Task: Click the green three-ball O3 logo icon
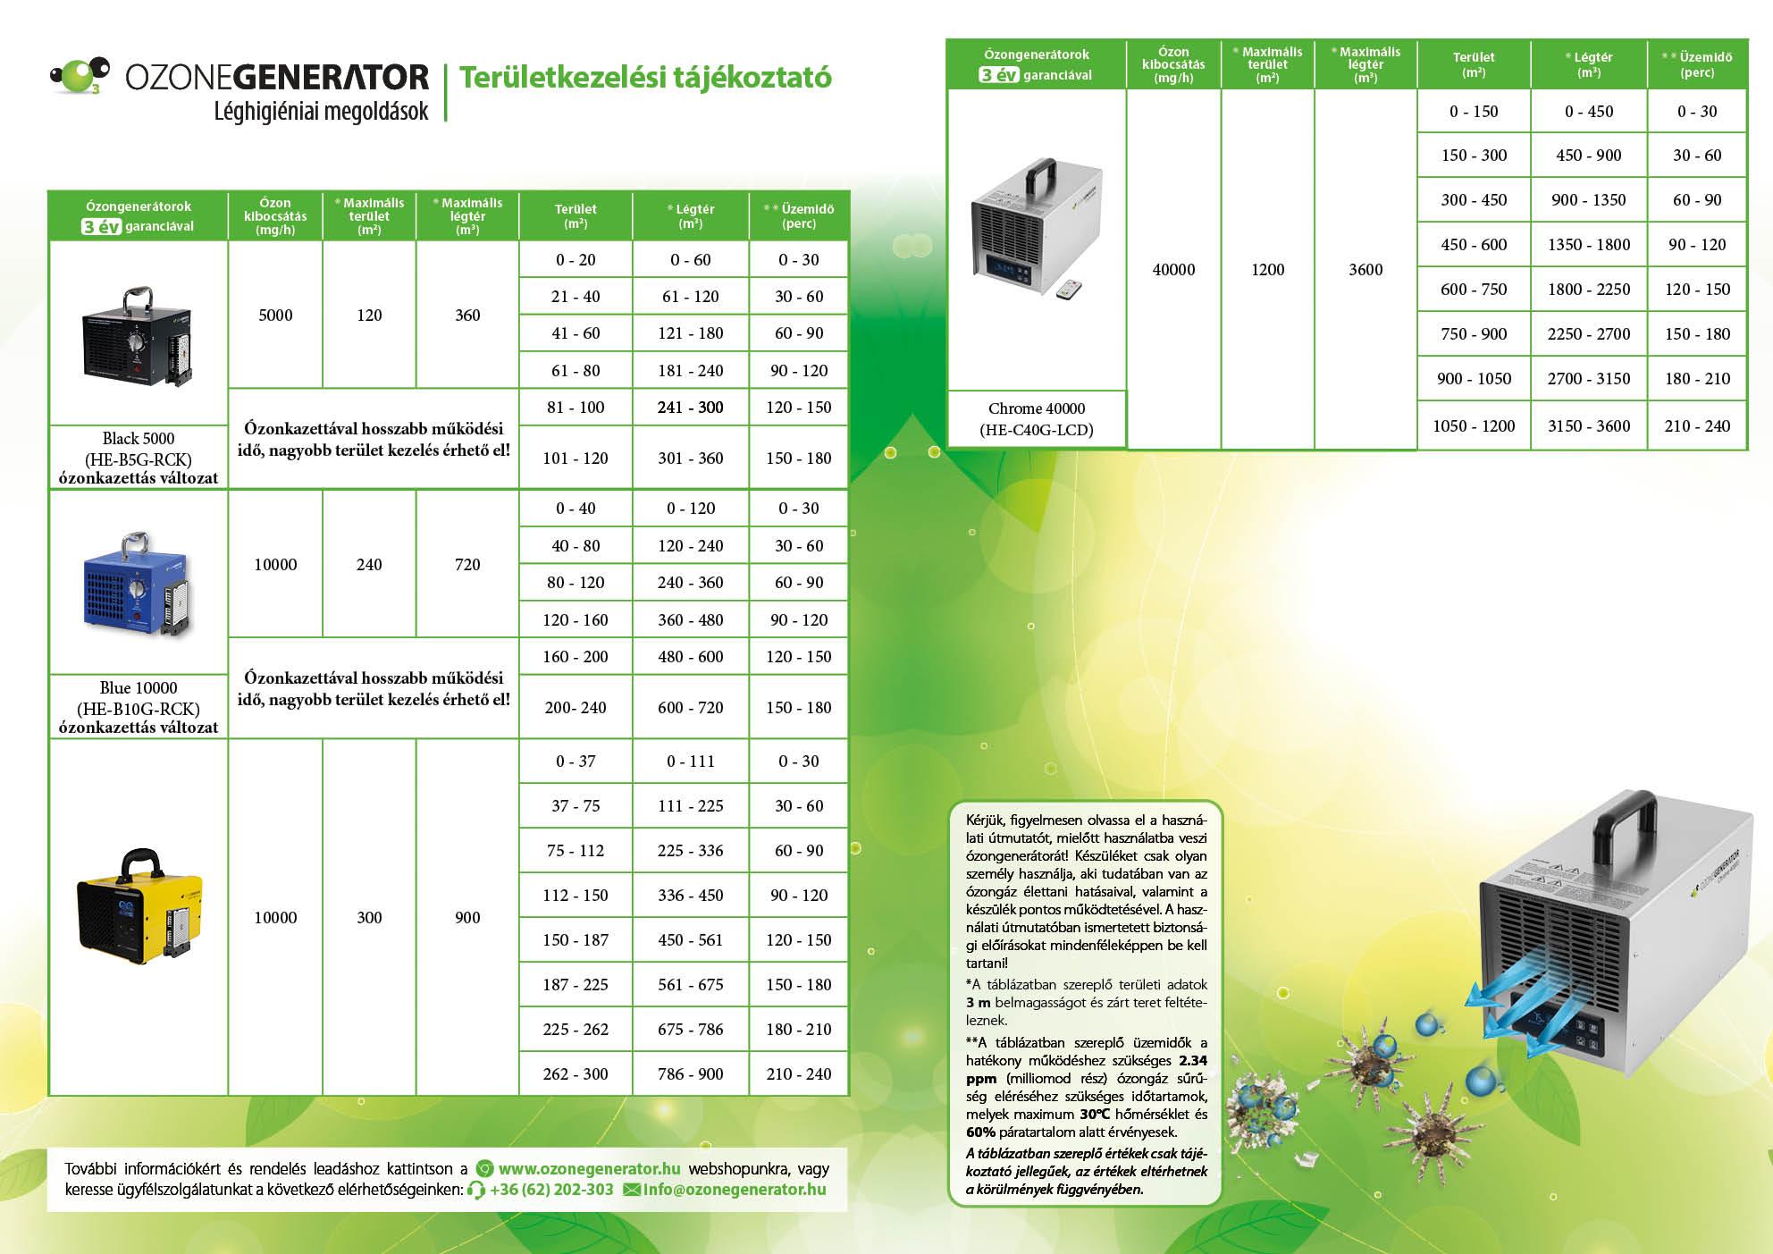point(79,75)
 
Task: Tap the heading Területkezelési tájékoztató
point(644,78)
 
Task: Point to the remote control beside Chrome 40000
point(1069,289)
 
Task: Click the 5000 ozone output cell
point(275,316)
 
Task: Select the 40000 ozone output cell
point(1173,270)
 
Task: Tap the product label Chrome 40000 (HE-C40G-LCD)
point(1037,419)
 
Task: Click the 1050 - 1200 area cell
point(1474,426)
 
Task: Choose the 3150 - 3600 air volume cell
point(1589,426)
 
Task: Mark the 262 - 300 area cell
point(576,1074)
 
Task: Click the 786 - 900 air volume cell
point(691,1074)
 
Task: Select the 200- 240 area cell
point(576,708)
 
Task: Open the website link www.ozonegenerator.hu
point(589,1169)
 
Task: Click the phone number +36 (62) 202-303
point(550,1191)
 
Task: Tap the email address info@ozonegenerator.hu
point(734,1191)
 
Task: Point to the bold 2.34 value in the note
point(1192,1061)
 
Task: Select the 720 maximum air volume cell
point(467,565)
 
